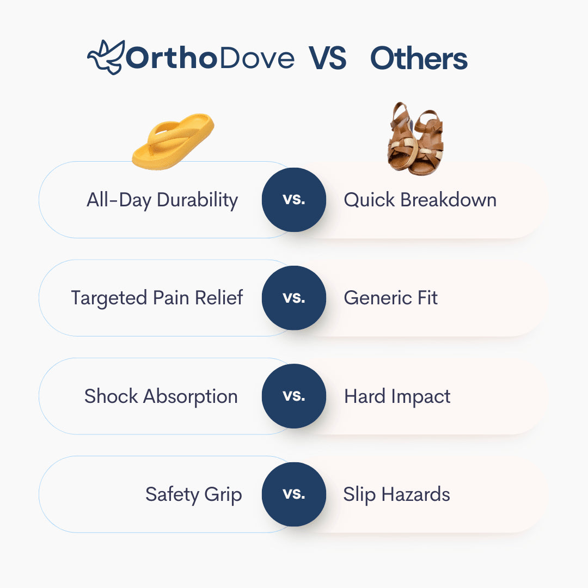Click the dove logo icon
tap(106, 57)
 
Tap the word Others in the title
tap(419, 58)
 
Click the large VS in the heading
tap(327, 58)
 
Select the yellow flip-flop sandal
tap(173, 142)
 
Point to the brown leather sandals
tap(415, 139)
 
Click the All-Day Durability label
tap(162, 200)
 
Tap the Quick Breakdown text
tap(420, 200)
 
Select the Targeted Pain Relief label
tap(157, 298)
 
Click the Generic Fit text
tap(390, 298)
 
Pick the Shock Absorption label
tap(161, 397)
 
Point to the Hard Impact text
tap(397, 397)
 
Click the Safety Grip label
tap(193, 495)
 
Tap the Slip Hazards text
tap(396, 494)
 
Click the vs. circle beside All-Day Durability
tap(294, 200)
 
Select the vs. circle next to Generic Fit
tap(294, 298)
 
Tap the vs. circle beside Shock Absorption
tap(294, 396)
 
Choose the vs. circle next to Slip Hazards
tap(294, 494)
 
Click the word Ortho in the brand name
tap(171, 58)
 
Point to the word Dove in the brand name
tap(257, 58)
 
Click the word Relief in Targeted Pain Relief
tap(219, 298)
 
